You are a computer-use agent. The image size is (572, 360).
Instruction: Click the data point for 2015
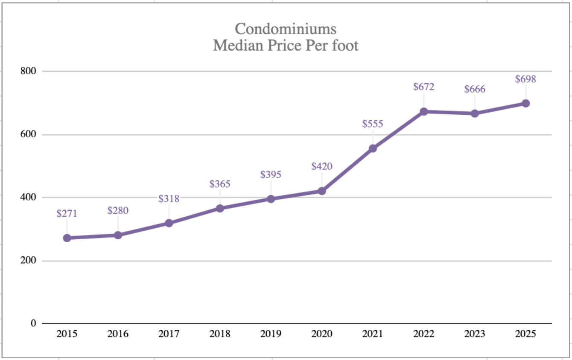[67, 238]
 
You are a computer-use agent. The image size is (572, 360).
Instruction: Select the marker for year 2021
[373, 148]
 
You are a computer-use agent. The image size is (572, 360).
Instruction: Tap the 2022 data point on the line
[424, 112]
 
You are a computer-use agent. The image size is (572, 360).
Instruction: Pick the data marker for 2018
[220, 208]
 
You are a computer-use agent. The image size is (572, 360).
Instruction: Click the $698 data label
[525, 79]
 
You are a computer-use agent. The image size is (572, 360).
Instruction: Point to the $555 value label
[373, 124]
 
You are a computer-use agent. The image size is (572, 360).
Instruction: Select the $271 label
[67, 213]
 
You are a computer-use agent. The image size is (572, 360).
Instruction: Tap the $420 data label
[322, 166]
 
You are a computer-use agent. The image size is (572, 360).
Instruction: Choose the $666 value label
[475, 89]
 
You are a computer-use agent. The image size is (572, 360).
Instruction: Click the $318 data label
[169, 198]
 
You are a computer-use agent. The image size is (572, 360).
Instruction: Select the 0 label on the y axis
[32, 323]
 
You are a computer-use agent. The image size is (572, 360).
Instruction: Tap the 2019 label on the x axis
[271, 334]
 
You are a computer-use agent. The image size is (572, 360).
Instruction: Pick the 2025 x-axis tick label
[525, 334]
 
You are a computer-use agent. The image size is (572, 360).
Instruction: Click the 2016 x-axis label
[118, 334]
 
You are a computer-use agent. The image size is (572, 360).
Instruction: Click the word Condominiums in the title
[286, 29]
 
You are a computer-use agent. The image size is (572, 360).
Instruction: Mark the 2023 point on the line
[475, 113]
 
